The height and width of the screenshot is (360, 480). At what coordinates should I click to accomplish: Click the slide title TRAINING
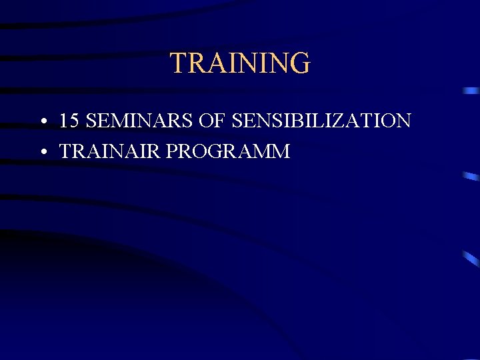(240, 63)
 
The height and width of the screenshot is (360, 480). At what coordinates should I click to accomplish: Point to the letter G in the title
(299, 63)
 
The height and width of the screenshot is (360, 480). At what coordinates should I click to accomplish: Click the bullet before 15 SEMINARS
(43, 122)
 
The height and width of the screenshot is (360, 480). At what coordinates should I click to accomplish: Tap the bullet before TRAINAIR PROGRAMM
(43, 153)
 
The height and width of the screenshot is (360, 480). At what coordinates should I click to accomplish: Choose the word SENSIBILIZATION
(321, 121)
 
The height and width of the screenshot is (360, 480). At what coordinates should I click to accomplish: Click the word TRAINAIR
(110, 152)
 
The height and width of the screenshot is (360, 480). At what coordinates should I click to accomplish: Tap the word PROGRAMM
(228, 152)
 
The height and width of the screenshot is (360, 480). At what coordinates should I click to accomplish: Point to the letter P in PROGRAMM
(172, 152)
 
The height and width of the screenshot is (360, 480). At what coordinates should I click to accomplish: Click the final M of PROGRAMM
(281, 152)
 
